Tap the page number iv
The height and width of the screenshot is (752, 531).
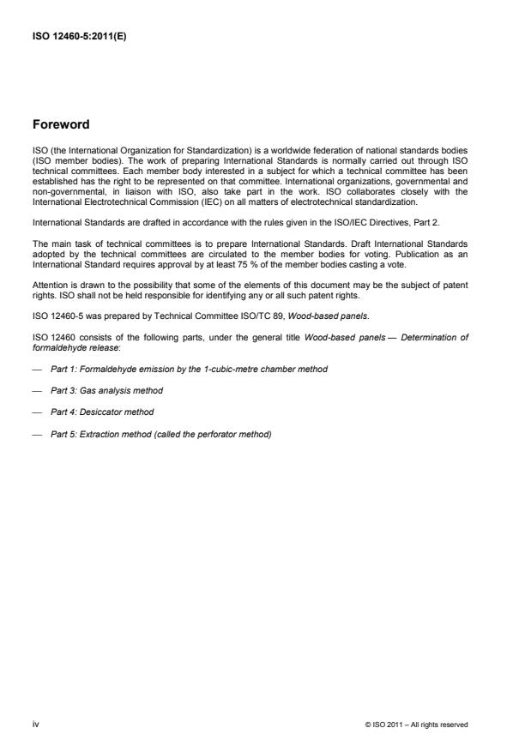tap(36, 724)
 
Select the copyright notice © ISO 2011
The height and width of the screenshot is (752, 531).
tap(416, 725)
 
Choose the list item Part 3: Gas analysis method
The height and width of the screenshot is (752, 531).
tap(106, 390)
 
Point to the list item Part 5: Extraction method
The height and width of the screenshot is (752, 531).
tap(160, 434)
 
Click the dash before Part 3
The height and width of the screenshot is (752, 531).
tap(37, 390)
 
